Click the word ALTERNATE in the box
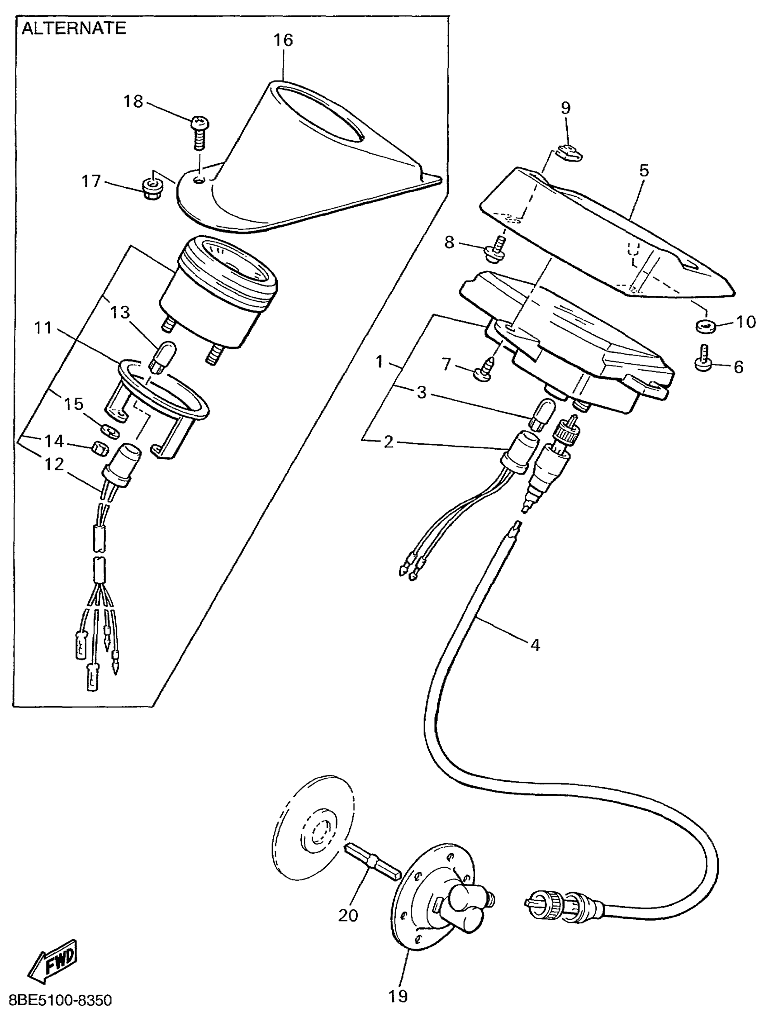(74, 29)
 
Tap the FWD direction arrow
(53, 964)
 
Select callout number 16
(283, 40)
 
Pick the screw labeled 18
(199, 131)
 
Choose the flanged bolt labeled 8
(494, 250)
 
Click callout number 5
(644, 171)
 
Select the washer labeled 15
(110, 431)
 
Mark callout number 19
(398, 996)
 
